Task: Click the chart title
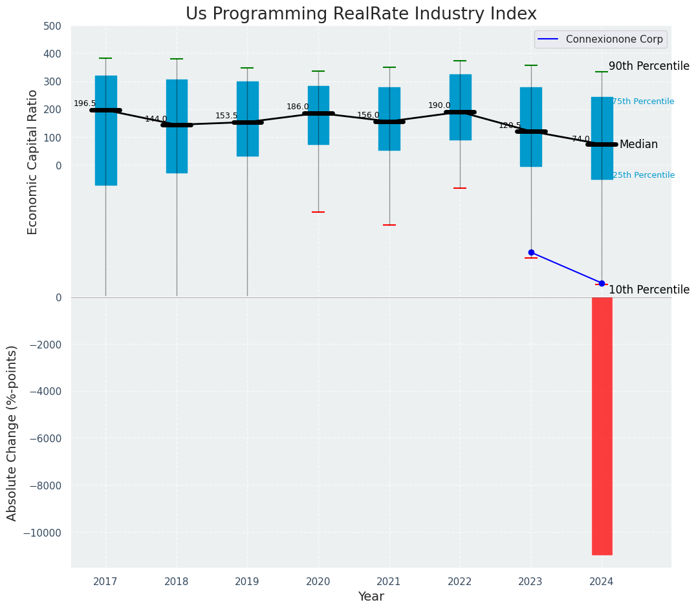pos(361,14)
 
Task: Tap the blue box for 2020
pos(318,97)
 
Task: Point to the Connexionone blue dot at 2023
pos(531,252)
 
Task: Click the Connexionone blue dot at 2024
pos(602,283)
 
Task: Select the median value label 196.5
pos(85,103)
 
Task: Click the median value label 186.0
pos(298,107)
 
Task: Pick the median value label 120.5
pos(510,125)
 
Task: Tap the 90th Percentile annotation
pos(649,66)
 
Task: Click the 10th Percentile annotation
pos(649,290)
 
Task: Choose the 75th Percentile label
pos(643,101)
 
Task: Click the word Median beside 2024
pos(638,144)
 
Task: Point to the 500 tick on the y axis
pos(52,26)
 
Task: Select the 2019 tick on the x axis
pos(247,582)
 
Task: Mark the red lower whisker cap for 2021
pos(389,225)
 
